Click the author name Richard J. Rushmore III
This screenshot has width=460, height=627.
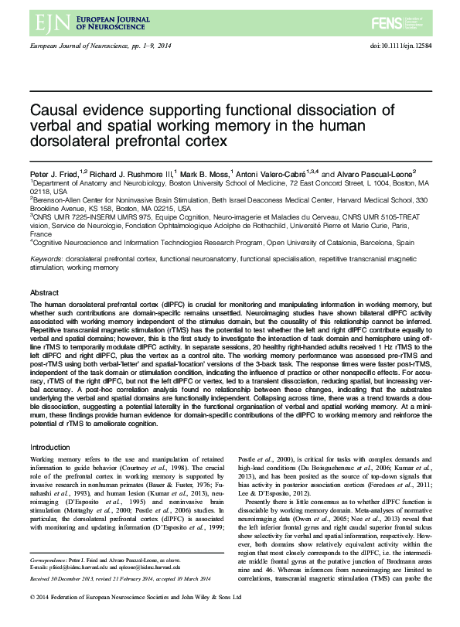(129, 175)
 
